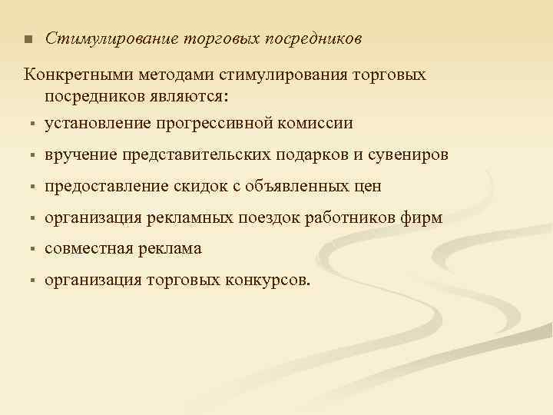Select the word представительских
point(197,154)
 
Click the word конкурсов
point(269,281)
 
